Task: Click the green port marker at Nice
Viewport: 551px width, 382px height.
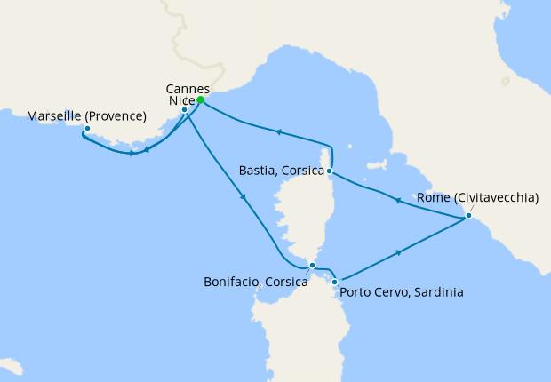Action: pyautogui.click(x=201, y=100)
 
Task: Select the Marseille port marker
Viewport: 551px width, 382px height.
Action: pyautogui.click(x=87, y=129)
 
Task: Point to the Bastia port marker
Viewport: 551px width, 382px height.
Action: pyautogui.click(x=330, y=171)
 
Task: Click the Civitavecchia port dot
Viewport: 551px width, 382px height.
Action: pyautogui.click(x=468, y=216)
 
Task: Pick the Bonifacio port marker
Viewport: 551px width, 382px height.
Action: pyautogui.click(x=311, y=265)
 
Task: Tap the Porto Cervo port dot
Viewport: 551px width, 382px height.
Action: pyautogui.click(x=334, y=282)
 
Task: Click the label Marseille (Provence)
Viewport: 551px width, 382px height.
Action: pyautogui.click(x=87, y=115)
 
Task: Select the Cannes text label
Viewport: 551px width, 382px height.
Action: pyautogui.click(x=188, y=89)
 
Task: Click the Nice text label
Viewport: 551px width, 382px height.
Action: pyautogui.click(x=180, y=101)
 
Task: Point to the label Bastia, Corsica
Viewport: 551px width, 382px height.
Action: pyautogui.click(x=281, y=170)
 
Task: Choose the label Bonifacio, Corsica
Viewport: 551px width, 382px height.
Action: pyautogui.click(x=256, y=282)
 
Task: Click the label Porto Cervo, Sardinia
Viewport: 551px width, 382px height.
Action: pyautogui.click(x=402, y=290)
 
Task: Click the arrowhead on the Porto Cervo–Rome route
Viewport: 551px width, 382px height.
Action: pyautogui.click(x=399, y=253)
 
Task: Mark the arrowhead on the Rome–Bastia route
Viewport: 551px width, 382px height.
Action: pyautogui.click(x=396, y=202)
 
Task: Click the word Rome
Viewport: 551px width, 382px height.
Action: pyautogui.click(x=440, y=199)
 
